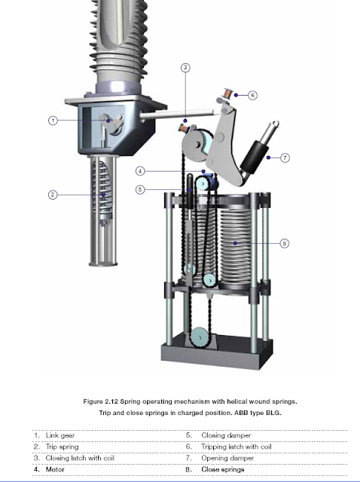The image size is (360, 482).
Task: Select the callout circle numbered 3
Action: pos(185,68)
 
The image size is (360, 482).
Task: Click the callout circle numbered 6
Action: pos(252,96)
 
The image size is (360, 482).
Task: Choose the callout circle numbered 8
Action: pos(283,243)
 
